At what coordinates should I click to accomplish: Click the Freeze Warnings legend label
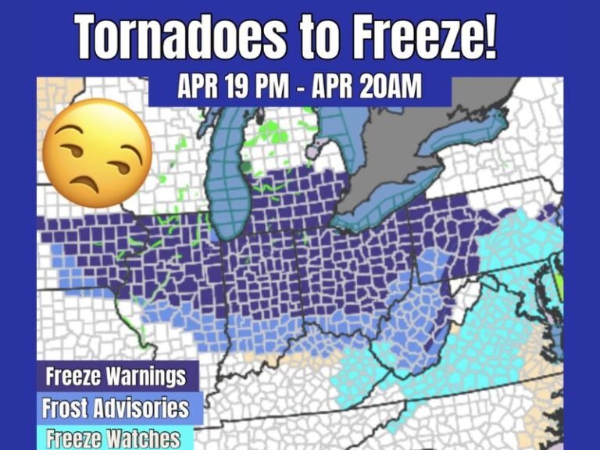[116, 377]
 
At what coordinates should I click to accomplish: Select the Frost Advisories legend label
[116, 408]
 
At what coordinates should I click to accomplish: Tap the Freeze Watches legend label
[113, 438]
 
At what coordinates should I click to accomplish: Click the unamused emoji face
[96, 152]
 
